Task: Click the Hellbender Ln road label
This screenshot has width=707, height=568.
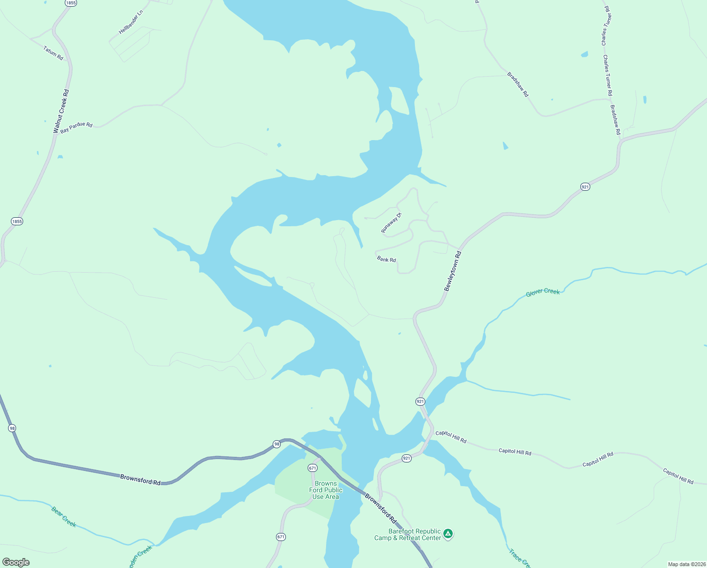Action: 131,22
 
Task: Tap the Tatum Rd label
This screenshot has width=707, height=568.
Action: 53,53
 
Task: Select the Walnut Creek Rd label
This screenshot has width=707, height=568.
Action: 61,111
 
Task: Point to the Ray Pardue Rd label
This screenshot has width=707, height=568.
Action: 77,126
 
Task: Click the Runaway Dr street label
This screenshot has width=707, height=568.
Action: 391,223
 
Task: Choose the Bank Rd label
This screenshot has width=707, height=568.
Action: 387,259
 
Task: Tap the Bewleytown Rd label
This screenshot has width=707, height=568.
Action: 452,271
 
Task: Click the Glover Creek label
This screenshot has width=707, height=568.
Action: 543,292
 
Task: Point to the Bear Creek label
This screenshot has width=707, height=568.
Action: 64,516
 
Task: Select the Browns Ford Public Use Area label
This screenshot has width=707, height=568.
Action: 326,490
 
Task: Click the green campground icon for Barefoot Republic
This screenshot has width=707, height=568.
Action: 448,534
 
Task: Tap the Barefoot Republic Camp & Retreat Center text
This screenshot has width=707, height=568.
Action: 407,534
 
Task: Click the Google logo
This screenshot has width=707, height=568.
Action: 16,562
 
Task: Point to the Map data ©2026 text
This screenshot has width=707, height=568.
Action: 687,564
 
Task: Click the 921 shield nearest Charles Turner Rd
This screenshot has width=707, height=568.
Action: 585,187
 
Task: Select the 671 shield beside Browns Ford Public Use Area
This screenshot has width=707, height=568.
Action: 312,468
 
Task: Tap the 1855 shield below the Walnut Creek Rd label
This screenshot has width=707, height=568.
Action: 17,221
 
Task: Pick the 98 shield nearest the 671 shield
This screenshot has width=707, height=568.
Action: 276,444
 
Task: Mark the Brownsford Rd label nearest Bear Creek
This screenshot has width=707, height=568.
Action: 140,479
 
